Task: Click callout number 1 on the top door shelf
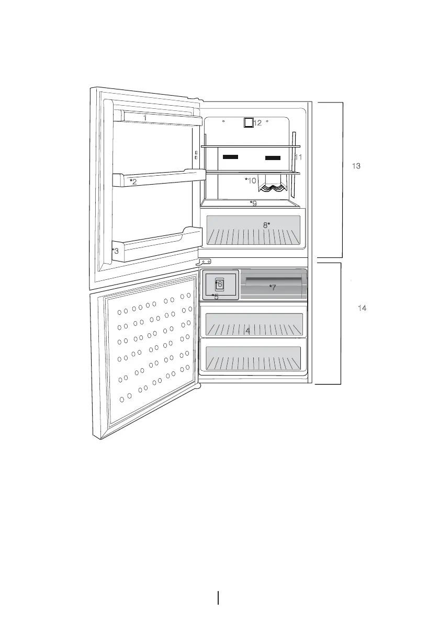(x=145, y=118)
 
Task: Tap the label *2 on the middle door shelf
(x=133, y=182)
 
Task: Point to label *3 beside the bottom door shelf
(x=115, y=251)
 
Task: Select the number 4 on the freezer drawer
(x=247, y=331)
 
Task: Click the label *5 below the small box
(x=215, y=297)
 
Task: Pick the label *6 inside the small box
(x=219, y=284)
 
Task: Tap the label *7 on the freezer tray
(x=272, y=287)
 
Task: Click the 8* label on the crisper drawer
(x=266, y=225)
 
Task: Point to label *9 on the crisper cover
(x=253, y=203)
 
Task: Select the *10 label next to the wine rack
(x=251, y=180)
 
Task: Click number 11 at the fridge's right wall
(x=298, y=157)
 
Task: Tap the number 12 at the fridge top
(x=257, y=123)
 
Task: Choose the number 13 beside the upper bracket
(x=356, y=166)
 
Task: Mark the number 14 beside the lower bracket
(x=362, y=309)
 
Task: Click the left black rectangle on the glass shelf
(x=230, y=156)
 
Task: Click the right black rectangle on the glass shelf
(x=273, y=157)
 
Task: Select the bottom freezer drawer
(x=254, y=358)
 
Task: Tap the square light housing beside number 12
(x=249, y=123)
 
